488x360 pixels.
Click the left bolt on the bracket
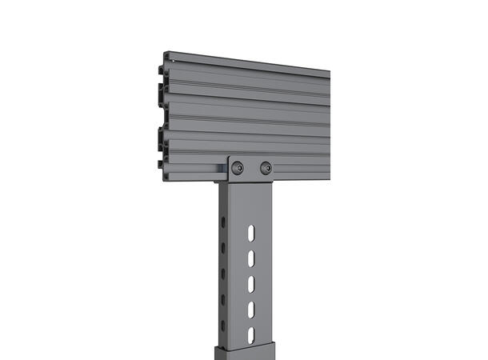click(x=238, y=167)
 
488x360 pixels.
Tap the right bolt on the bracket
click(x=266, y=168)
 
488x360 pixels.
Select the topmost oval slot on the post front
click(x=251, y=232)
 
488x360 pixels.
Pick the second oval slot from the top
click(x=251, y=258)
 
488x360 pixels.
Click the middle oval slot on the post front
click(x=251, y=283)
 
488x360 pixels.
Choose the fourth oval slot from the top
click(x=251, y=309)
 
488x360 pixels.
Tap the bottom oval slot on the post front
click(x=251, y=334)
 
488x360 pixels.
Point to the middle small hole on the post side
click(x=222, y=274)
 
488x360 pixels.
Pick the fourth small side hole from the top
click(x=222, y=299)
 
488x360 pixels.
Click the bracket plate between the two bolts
click(x=252, y=168)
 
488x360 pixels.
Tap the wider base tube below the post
click(x=244, y=353)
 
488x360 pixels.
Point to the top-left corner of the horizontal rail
click(x=165, y=54)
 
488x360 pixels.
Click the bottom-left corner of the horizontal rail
click(x=165, y=181)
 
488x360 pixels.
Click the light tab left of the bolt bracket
click(x=222, y=169)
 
